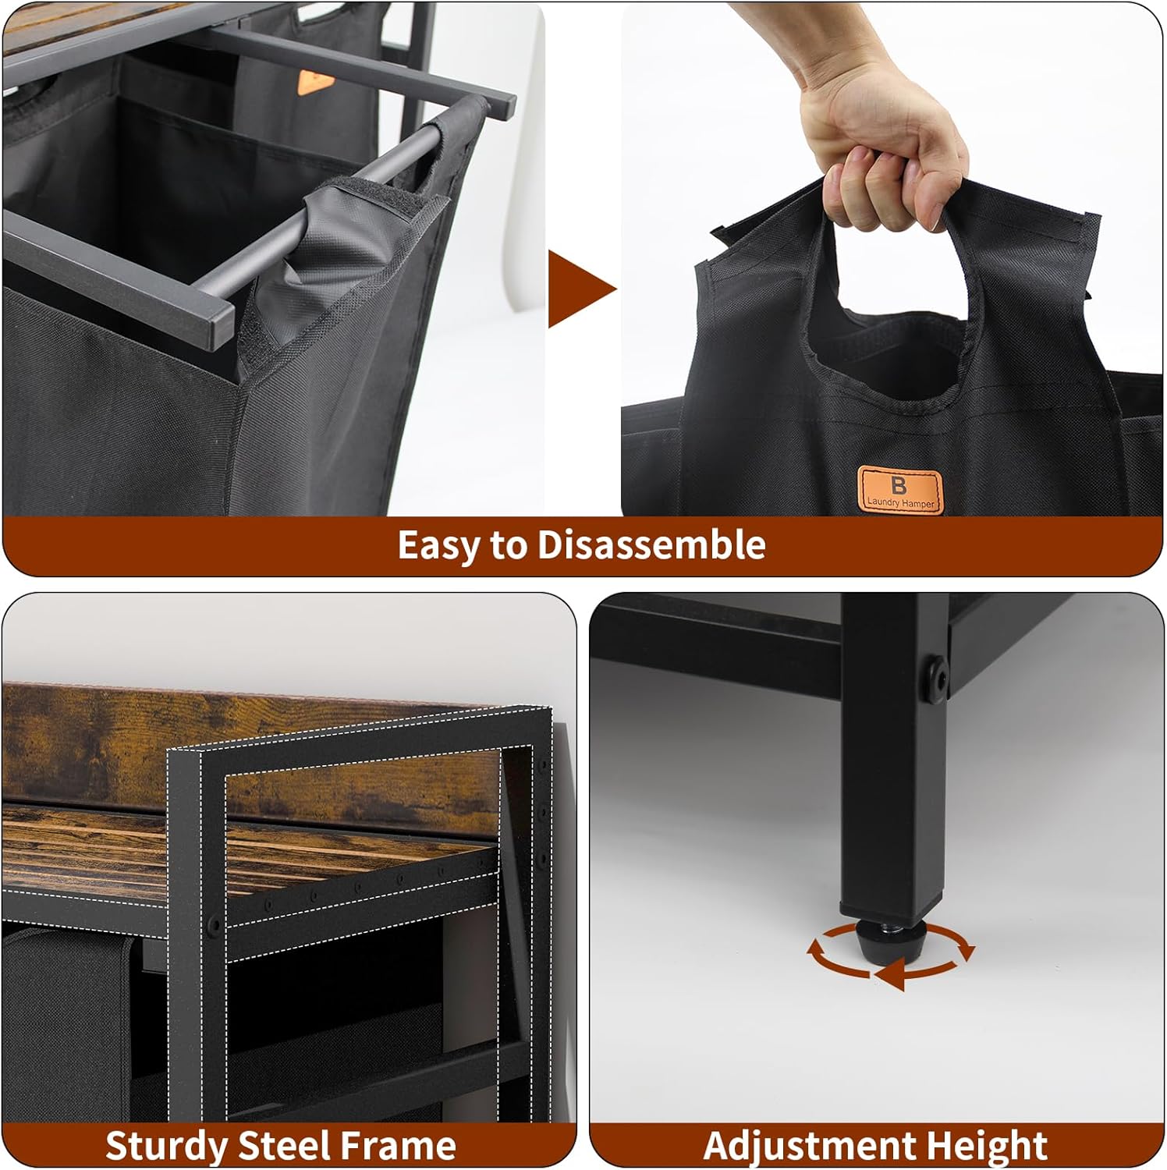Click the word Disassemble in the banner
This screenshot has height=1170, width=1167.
[x=651, y=544]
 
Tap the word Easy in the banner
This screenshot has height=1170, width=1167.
[x=438, y=544]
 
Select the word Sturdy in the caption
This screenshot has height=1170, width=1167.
[x=166, y=1146]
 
